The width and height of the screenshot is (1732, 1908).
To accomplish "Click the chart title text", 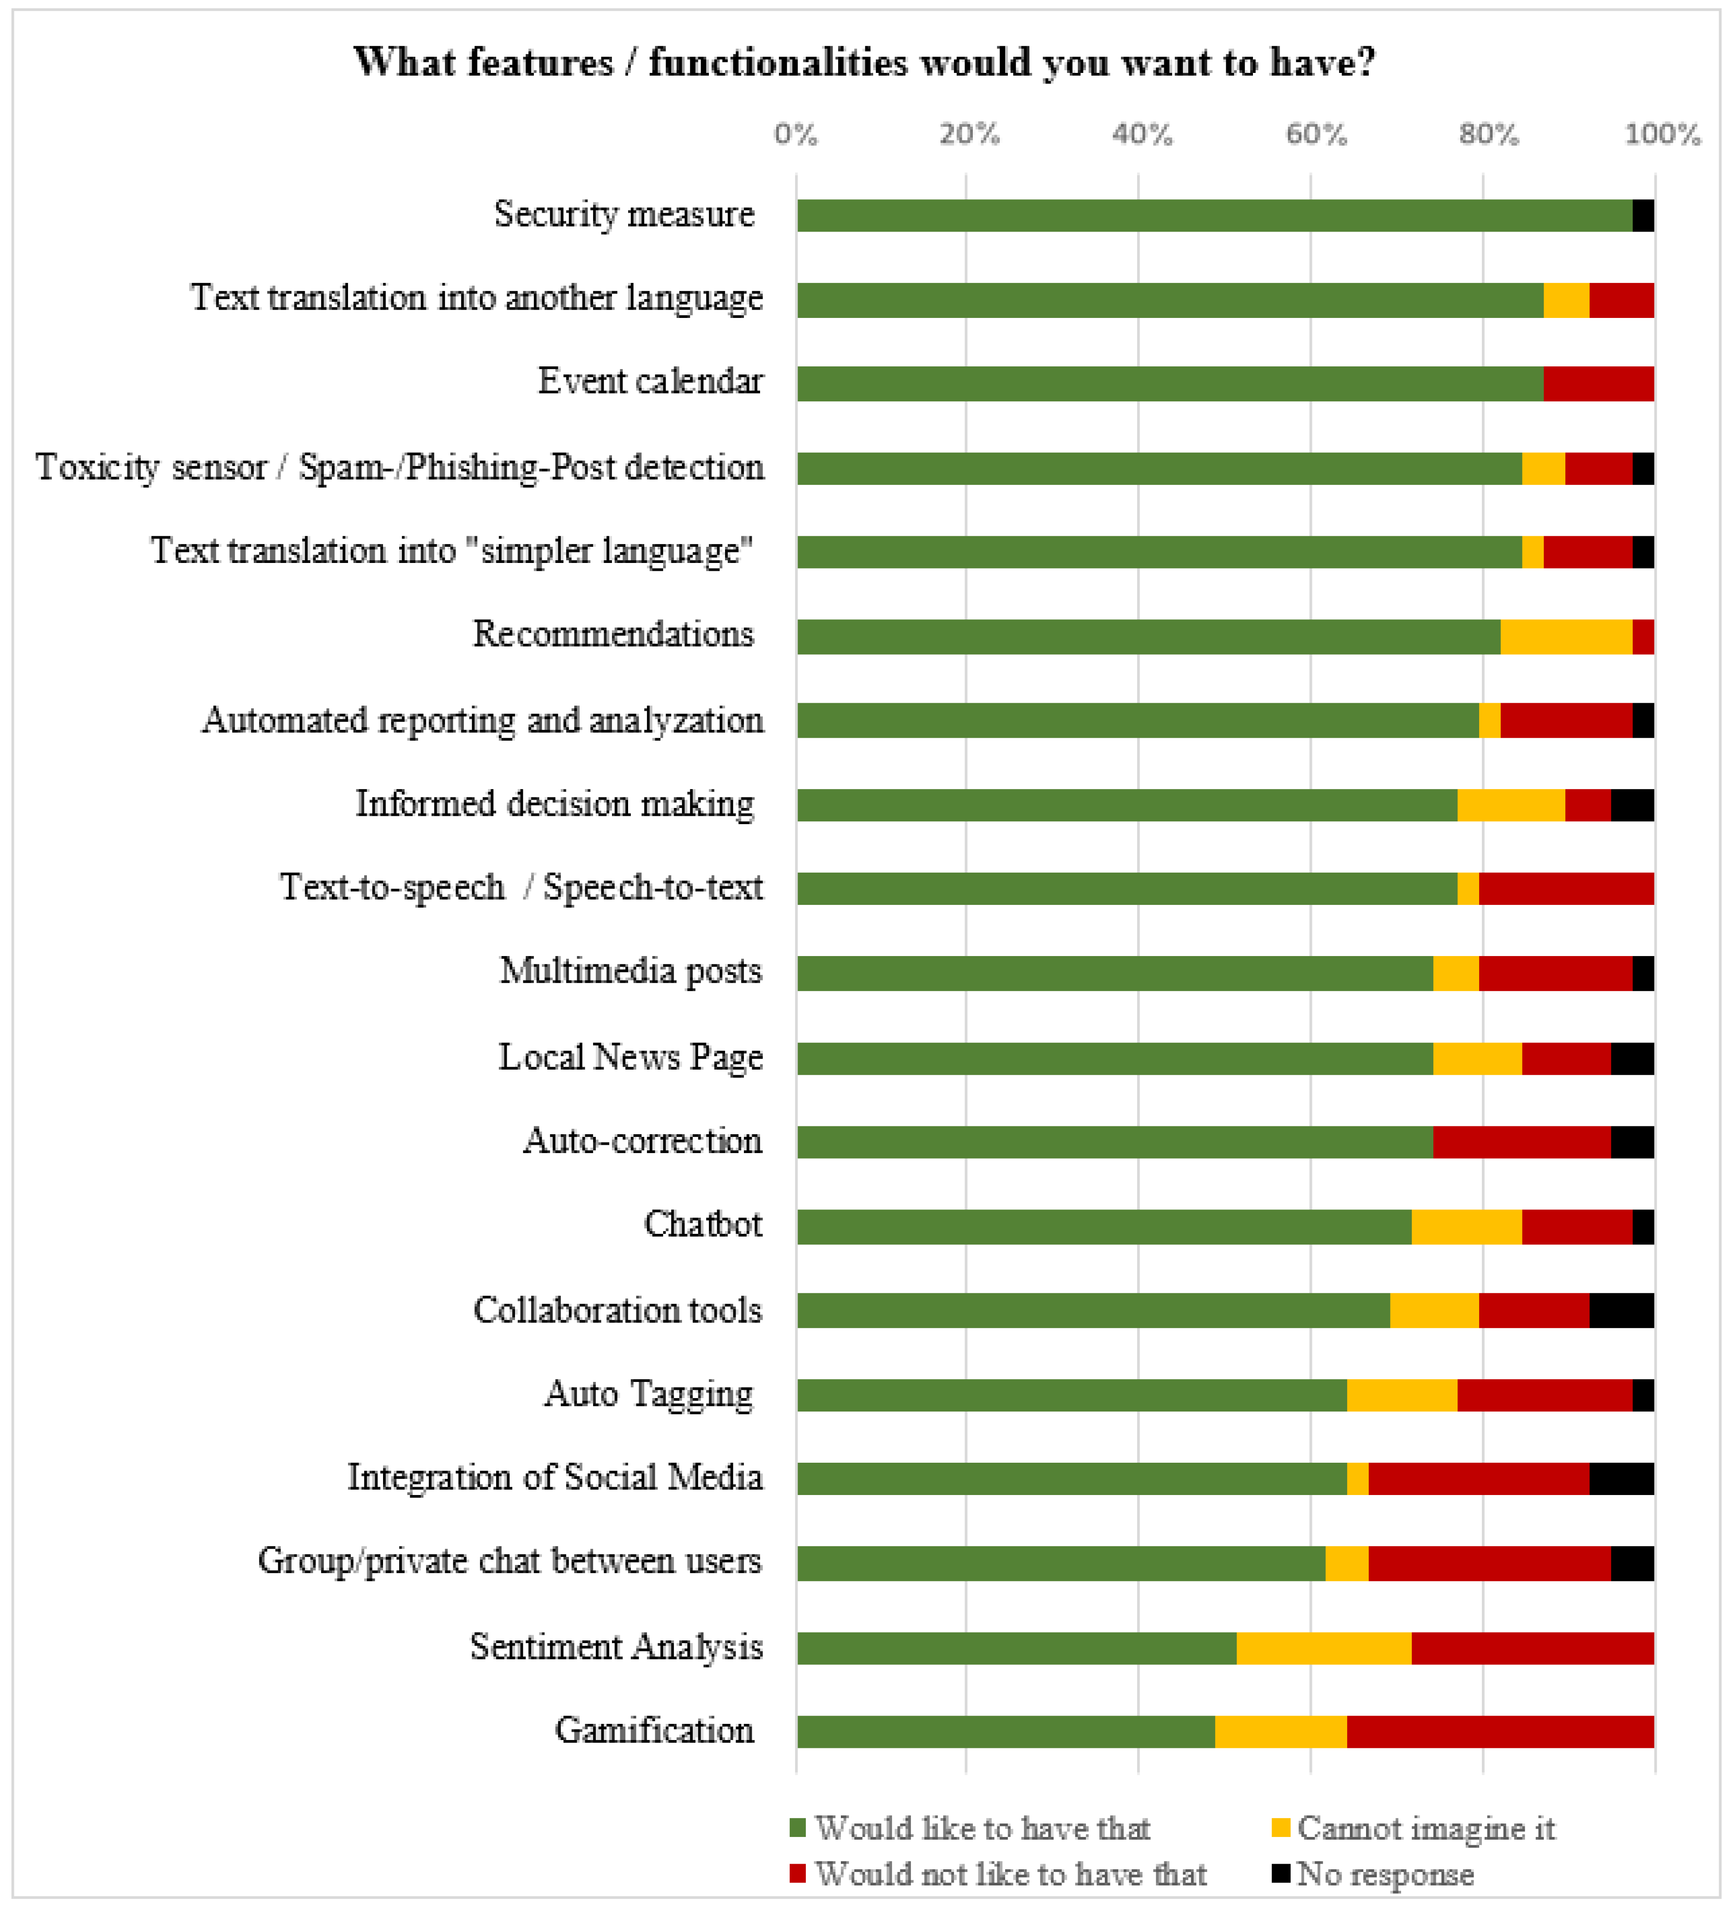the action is click(864, 62).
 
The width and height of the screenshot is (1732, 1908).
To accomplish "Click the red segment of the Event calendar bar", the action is click(1599, 383).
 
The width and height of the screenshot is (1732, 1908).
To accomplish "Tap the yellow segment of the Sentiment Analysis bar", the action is click(1324, 1648).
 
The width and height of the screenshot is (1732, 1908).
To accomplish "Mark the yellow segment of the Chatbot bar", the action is click(1467, 1226).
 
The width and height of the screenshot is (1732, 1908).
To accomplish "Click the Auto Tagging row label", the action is click(649, 1394).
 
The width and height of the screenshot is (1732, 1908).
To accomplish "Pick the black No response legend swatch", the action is click(1282, 1873).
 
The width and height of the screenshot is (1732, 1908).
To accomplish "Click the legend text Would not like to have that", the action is click(1011, 1874).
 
